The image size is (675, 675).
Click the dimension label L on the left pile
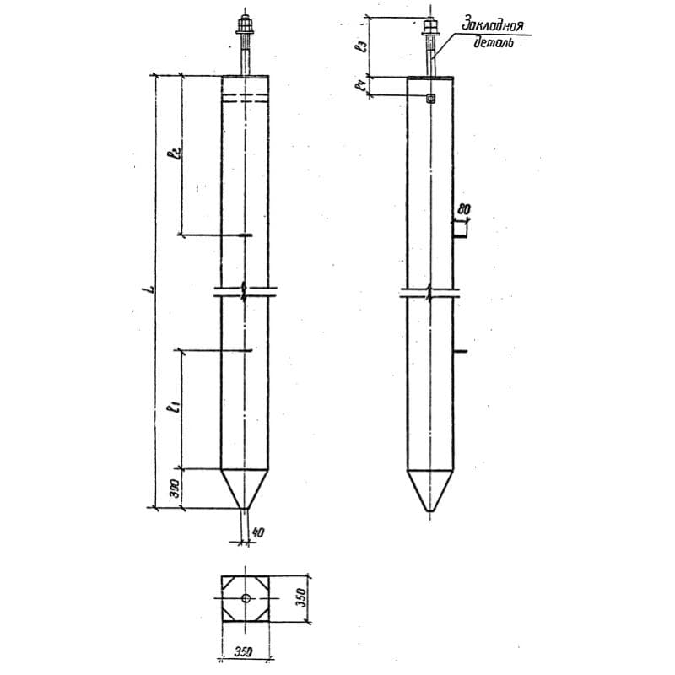[x=148, y=290]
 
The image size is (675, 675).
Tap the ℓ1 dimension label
[x=173, y=409]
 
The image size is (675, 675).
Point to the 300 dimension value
[x=173, y=489]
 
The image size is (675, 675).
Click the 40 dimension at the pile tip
[x=259, y=532]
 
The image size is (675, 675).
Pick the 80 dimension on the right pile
[x=463, y=208]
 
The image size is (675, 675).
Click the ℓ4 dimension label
[x=360, y=87]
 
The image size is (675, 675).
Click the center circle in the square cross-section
[x=246, y=598]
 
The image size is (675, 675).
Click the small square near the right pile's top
[x=430, y=99]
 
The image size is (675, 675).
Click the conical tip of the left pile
[x=246, y=489]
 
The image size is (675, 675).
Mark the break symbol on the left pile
[x=245, y=294]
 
